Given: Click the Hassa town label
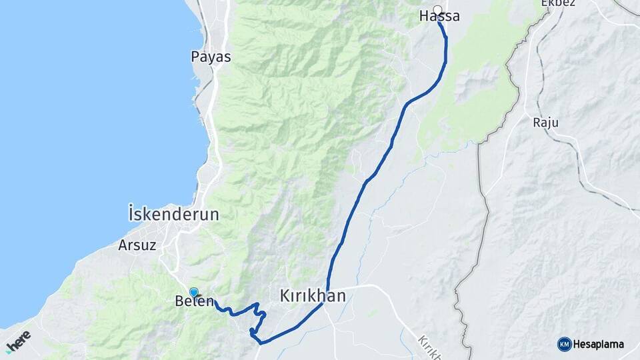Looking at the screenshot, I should coord(439,17).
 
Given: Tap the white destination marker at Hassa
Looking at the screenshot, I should coord(438,9).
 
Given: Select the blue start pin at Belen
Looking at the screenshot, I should coord(194,292).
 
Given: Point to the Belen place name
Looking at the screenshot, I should coord(194,301).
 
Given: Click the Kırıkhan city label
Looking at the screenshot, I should coord(313,295).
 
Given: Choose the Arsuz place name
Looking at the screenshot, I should coord(137,245).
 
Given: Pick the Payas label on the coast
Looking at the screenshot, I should coord(211,57).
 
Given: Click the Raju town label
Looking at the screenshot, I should coord(545,123).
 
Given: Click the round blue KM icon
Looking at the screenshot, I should coord(565,344).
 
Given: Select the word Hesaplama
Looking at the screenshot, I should coord(599,345).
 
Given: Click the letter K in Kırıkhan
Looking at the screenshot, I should coord(285,295).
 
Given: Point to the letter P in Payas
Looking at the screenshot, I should coord(195,57).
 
